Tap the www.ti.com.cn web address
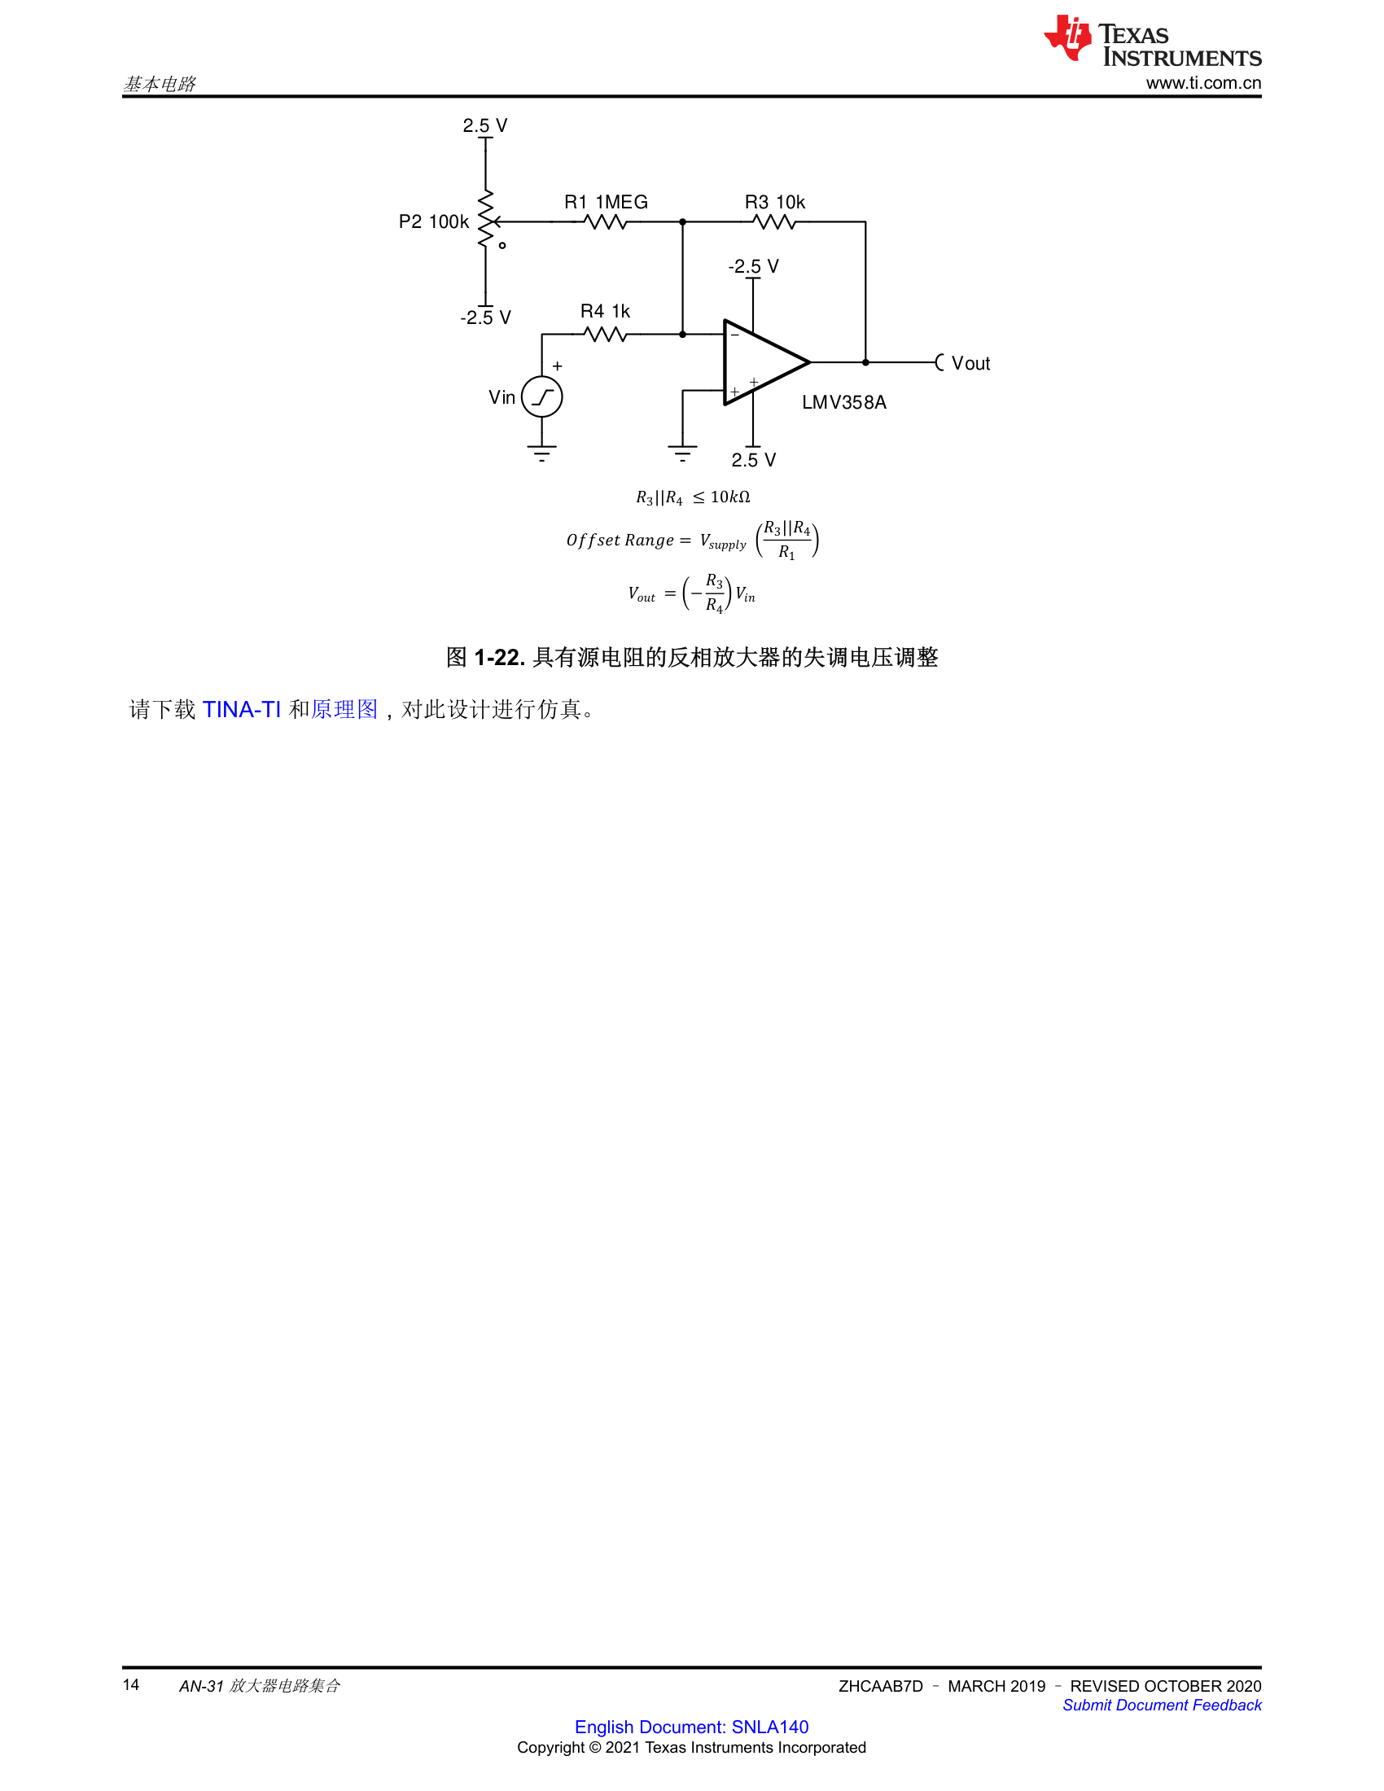click(x=1203, y=83)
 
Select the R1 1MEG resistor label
click(x=606, y=202)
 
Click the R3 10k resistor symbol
click(x=774, y=221)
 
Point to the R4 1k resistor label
click(x=605, y=311)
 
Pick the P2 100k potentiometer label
click(x=434, y=221)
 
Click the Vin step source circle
click(x=542, y=397)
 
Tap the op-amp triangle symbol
click(x=767, y=361)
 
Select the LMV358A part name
click(x=843, y=403)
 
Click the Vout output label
click(x=970, y=363)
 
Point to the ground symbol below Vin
click(x=542, y=453)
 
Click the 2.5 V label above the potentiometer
click(x=484, y=125)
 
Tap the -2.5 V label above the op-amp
click(x=754, y=266)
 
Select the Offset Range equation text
click(x=692, y=540)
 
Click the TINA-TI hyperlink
click(x=242, y=709)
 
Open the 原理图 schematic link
click(x=344, y=709)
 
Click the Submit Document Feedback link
click(x=1162, y=1705)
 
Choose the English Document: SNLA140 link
click(x=691, y=1727)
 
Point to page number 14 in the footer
click(x=131, y=1685)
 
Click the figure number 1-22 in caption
click(x=498, y=657)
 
